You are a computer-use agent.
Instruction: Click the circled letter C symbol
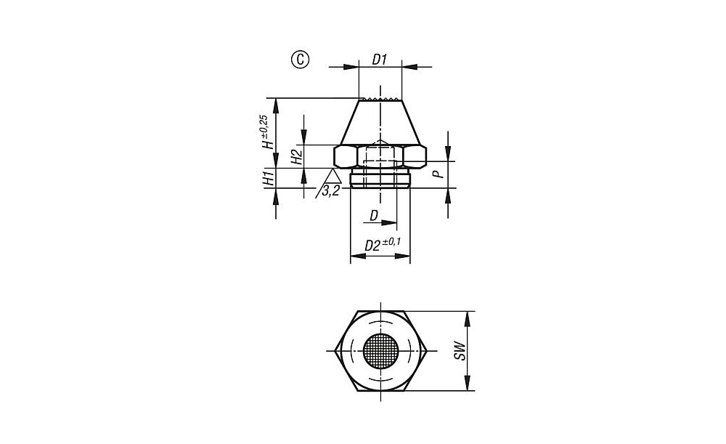pyautogui.click(x=300, y=60)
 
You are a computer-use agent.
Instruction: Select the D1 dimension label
pyautogui.click(x=379, y=60)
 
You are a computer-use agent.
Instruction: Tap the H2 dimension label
pyautogui.click(x=296, y=156)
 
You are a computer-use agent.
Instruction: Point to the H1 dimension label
pyautogui.click(x=268, y=179)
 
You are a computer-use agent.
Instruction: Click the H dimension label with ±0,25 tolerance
pyautogui.click(x=266, y=132)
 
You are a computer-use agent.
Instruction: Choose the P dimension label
pyautogui.click(x=438, y=174)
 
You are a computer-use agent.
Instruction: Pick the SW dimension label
pyautogui.click(x=459, y=351)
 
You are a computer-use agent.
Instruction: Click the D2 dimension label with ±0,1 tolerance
pyautogui.click(x=383, y=243)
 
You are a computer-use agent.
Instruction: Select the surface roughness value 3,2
pyautogui.click(x=330, y=190)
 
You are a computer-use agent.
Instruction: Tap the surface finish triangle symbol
pyautogui.click(x=332, y=175)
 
